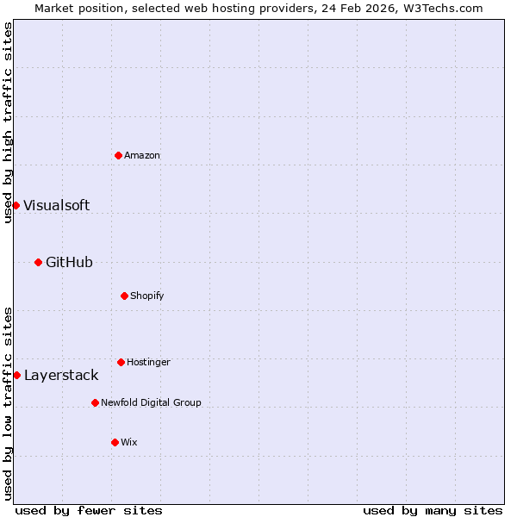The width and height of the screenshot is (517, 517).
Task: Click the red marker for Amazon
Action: [118, 155]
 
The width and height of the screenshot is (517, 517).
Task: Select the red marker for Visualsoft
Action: [16, 205]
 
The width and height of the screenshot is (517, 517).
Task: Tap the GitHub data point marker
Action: [38, 262]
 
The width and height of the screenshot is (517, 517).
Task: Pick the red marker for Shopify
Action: [124, 296]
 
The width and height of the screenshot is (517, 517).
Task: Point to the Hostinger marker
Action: [121, 362]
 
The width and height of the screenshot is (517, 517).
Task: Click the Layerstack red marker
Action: [16, 375]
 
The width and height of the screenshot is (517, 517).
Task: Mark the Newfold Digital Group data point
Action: [95, 402]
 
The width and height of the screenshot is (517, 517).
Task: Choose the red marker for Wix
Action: [115, 442]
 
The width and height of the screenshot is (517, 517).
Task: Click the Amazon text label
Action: [142, 155]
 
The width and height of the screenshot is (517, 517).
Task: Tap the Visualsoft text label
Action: [56, 205]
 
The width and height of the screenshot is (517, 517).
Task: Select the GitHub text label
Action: [69, 262]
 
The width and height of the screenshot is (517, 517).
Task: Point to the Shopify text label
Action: [147, 296]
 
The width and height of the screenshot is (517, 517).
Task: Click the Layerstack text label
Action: [61, 375]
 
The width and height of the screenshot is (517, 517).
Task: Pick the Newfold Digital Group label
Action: [151, 402]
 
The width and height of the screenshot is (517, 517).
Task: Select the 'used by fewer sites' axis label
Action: [89, 510]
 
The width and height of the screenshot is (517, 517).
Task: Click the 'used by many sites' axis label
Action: [433, 510]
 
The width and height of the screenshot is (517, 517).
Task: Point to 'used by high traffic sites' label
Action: [8, 122]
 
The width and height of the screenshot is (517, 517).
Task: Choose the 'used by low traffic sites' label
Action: [8, 403]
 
